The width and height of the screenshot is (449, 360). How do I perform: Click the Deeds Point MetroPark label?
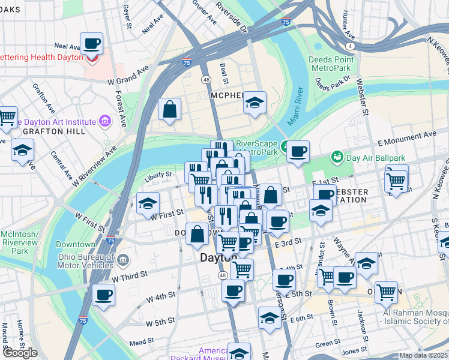pos(329,64)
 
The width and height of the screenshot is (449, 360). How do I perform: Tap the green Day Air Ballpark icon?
pos(337,157)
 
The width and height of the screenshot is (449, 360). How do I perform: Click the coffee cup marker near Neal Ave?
pos(91,44)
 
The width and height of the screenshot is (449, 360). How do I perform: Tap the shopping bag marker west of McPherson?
pos(170,109)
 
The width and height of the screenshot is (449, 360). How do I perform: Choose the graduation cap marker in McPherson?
pos(255,103)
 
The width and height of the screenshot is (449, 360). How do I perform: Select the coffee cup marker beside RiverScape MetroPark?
pos(297,151)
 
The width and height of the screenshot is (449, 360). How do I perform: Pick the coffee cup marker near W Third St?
pos(103,295)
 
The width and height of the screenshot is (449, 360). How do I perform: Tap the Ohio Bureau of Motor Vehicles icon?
pos(122,260)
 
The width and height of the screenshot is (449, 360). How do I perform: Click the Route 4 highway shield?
pos(349,45)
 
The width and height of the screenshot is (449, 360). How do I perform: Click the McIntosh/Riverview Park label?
pos(20,239)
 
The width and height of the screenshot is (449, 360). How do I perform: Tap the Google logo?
pos(20,353)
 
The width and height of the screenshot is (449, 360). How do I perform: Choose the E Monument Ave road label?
pos(406,139)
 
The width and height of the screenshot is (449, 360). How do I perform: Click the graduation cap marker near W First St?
pos(148,203)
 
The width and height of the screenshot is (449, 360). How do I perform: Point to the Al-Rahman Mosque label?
pos(414,317)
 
